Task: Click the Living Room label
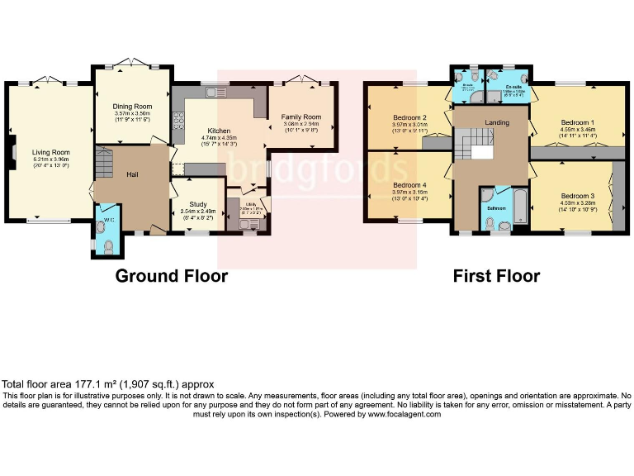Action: (51, 152)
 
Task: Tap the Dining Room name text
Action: (133, 107)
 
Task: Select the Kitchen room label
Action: (219, 131)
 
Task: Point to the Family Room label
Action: (300, 117)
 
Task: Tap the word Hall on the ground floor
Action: (132, 174)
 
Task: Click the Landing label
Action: (497, 123)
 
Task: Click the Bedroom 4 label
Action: (410, 185)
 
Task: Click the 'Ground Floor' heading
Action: (171, 276)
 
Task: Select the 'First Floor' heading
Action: (496, 276)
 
